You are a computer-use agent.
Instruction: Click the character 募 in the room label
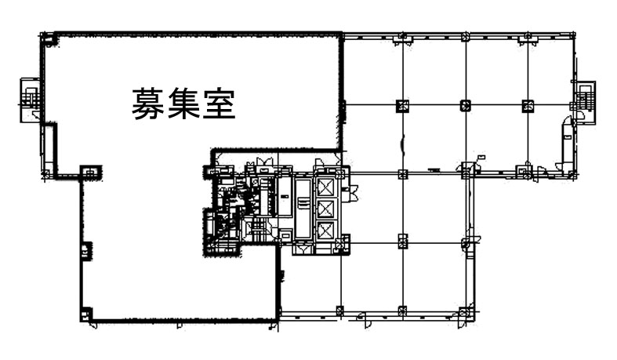tap(147, 104)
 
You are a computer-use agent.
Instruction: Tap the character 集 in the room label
tap(183, 104)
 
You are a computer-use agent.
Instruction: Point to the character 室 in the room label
tap(220, 104)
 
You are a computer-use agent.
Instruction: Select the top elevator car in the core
tap(326, 187)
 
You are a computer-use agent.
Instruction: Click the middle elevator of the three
tap(326, 209)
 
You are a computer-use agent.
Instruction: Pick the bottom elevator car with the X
tap(326, 231)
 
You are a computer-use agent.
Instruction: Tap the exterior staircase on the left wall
tap(31, 100)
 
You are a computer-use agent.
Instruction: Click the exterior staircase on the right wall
tap(586, 102)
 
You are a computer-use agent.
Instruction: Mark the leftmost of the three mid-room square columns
tap(402, 105)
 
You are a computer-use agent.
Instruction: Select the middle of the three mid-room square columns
tap(466, 105)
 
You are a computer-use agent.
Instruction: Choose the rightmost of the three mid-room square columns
tap(528, 105)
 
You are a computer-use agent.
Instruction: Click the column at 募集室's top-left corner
tap(48, 40)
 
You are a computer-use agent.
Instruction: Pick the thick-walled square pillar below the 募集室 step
tap(91, 173)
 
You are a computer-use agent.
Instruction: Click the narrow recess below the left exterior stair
tap(49, 147)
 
